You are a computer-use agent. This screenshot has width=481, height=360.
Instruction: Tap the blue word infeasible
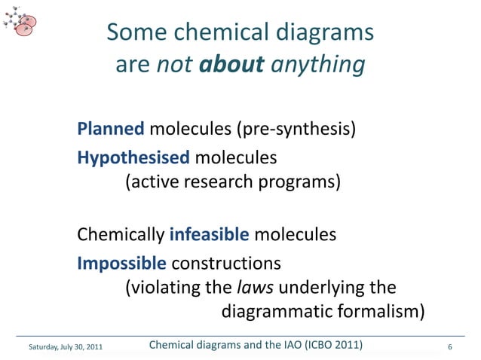click(x=210, y=235)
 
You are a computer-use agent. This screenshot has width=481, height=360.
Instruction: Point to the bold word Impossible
click(x=122, y=264)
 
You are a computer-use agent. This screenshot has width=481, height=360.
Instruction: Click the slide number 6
click(x=449, y=347)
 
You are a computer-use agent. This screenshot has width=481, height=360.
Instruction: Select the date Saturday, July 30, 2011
click(x=64, y=347)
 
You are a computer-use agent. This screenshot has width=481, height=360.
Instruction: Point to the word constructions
click(x=227, y=264)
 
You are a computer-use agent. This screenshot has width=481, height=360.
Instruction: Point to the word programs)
click(x=300, y=182)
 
